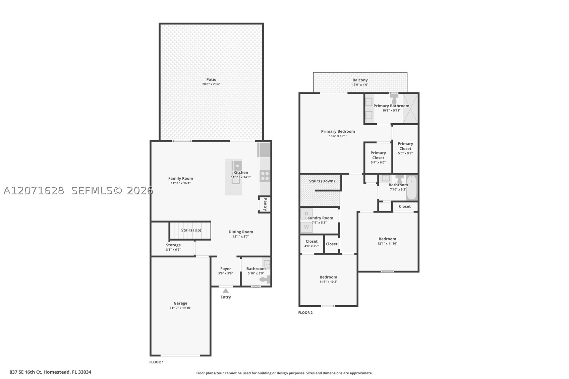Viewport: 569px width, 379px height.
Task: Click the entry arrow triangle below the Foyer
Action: [x=226, y=291]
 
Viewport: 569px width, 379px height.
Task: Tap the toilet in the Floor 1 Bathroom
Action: [x=265, y=279]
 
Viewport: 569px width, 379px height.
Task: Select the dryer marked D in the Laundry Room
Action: [x=306, y=213]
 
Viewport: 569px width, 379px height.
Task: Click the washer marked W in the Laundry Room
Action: [x=306, y=227]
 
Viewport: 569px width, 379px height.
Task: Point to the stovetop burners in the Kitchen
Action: [x=265, y=176]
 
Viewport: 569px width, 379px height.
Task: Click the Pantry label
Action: [x=265, y=204]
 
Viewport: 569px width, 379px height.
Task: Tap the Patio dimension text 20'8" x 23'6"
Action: [x=211, y=84]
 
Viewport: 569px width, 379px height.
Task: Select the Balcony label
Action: [x=360, y=80]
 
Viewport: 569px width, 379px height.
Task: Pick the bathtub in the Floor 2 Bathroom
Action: [x=411, y=188]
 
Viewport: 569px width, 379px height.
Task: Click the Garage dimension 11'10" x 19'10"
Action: [x=180, y=308]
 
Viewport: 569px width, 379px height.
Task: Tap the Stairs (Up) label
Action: [x=191, y=230]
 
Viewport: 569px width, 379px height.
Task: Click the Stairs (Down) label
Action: [x=322, y=181]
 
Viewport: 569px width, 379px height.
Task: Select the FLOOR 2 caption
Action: [x=305, y=313]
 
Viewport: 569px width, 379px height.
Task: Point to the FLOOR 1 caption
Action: [x=157, y=362]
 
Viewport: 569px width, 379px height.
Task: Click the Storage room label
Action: [x=173, y=245]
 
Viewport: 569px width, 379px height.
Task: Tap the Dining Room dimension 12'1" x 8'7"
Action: [x=241, y=237]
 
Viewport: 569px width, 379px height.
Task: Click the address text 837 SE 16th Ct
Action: [x=25, y=372]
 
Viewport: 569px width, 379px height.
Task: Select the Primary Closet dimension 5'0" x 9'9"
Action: [x=405, y=153]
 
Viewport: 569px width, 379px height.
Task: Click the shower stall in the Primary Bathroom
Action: [x=410, y=108]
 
